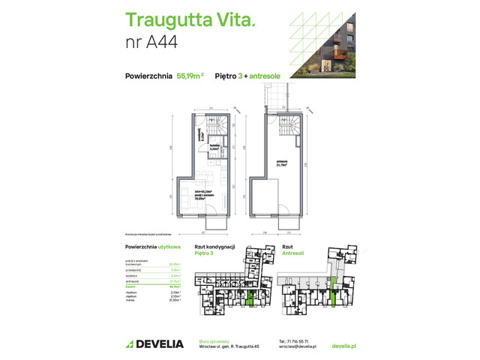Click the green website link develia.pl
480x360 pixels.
343,346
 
